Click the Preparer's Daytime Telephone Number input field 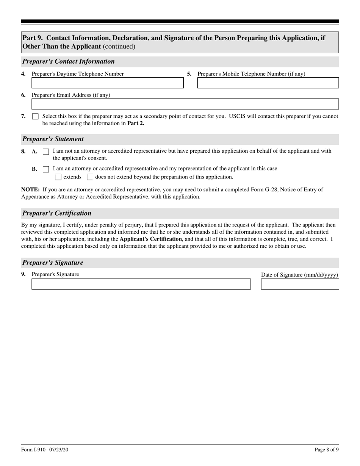click(107, 83)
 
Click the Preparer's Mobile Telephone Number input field click(268, 83)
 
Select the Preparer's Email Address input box click(185, 104)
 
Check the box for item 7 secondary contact click(35, 117)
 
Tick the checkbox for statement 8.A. click(46, 152)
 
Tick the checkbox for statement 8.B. click(46, 169)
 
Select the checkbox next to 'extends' click(58, 177)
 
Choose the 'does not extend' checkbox click(90, 177)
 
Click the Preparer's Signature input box click(141, 284)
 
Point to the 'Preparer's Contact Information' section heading click(69, 61)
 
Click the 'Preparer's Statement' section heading click(53, 139)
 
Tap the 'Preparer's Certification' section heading click(57, 213)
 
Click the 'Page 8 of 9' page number click(326, 450)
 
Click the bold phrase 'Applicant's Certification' click(150, 239)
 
